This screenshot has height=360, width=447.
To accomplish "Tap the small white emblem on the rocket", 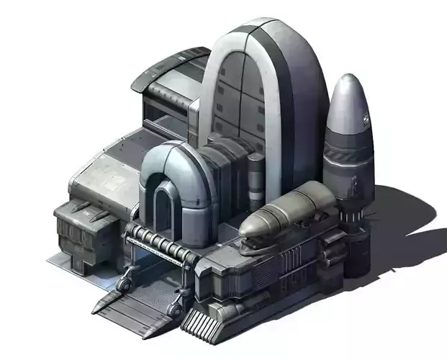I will coord(366,120).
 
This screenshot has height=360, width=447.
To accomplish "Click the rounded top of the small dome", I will coord(173,156).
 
